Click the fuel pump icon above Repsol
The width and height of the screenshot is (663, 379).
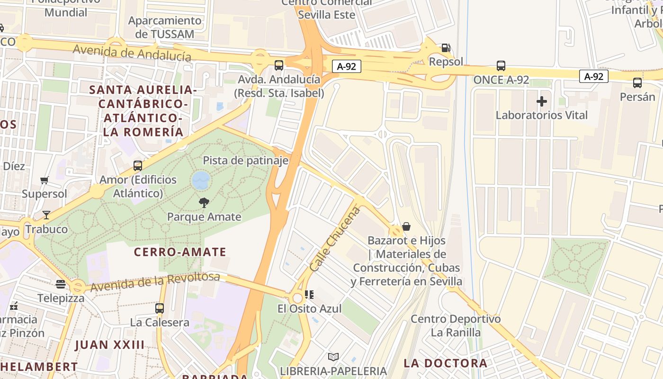point(446,47)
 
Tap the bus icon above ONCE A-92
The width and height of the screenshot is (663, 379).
point(501,66)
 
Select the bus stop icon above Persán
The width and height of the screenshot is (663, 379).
point(637,83)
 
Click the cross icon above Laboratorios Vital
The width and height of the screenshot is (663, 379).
point(542,101)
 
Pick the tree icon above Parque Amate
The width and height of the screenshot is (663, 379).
point(204,203)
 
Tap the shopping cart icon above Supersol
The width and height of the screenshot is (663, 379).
point(45,180)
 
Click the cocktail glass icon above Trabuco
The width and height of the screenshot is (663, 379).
point(46,215)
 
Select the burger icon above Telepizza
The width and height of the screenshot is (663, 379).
point(61,284)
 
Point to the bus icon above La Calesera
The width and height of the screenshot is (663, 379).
point(160,308)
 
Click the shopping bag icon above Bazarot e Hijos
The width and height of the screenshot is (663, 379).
point(406,226)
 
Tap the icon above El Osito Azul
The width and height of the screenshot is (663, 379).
point(309,295)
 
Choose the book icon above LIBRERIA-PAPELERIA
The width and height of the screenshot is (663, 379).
point(333,357)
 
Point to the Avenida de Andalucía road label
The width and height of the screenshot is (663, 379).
point(132,52)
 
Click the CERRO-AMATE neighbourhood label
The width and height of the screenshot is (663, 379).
point(180,252)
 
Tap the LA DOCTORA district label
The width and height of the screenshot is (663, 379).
point(445,363)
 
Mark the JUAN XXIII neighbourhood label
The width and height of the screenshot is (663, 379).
point(109,344)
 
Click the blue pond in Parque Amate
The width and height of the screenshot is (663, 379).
point(201,180)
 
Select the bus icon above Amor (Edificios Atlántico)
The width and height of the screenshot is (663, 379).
point(138,166)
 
